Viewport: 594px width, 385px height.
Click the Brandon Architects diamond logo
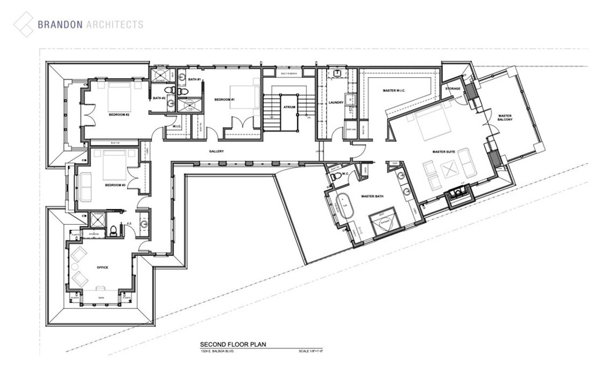coord(24,24)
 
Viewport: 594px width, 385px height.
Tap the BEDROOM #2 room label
coord(118,115)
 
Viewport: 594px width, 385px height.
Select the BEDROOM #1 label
coord(224,100)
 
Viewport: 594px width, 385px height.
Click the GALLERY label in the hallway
coord(216,152)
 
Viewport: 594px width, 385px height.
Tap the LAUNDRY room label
coord(336,103)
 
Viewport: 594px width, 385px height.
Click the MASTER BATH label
coord(372,197)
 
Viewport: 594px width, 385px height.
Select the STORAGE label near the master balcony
coord(452,89)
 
